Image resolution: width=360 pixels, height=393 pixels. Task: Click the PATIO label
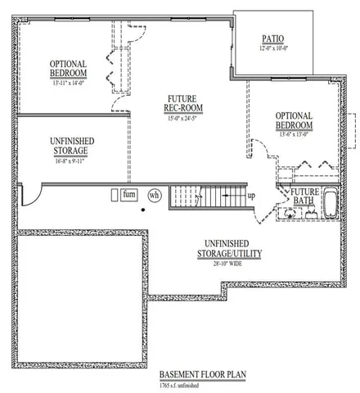click(x=272, y=38)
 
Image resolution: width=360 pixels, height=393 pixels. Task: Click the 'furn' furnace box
click(x=128, y=195)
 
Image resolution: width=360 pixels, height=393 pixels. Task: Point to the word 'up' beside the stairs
click(x=251, y=196)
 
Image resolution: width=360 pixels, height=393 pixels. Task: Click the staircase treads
click(x=208, y=196)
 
